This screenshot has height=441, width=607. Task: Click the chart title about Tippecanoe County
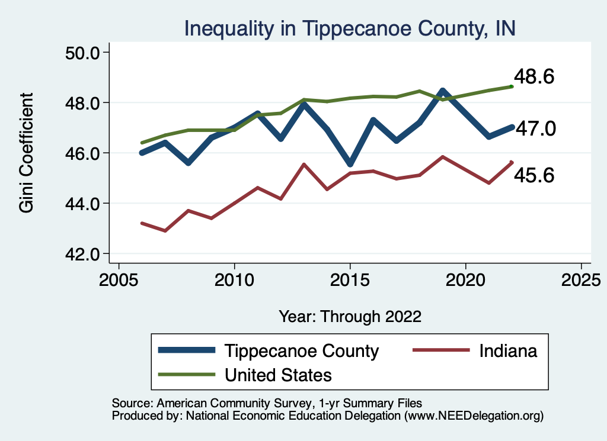click(350, 28)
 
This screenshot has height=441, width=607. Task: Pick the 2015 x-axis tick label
click(350, 278)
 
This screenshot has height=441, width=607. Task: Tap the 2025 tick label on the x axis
click(582, 278)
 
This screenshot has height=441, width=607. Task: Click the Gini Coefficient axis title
click(27, 153)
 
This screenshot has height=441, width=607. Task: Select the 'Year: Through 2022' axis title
click(350, 316)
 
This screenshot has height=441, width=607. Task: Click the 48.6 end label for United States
click(533, 77)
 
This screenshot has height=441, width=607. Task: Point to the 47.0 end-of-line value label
click(535, 128)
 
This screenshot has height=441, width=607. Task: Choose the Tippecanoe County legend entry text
click(301, 351)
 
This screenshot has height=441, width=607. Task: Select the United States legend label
click(278, 375)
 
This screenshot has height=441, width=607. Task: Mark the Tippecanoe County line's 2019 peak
click(442, 91)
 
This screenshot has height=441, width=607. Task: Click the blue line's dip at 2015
click(350, 164)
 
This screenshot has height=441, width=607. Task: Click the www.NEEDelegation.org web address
click(474, 416)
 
